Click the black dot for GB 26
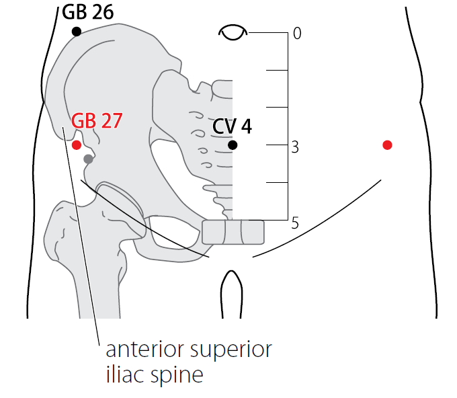pyautogui.click(x=77, y=32)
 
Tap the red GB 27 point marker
pyautogui.click(x=77, y=145)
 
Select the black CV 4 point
pyautogui.click(x=233, y=145)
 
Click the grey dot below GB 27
pyautogui.click(x=88, y=159)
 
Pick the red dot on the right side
pyautogui.click(x=387, y=145)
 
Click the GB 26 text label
pyautogui.click(x=87, y=12)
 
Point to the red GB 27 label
pyautogui.click(x=96, y=121)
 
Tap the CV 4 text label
pyautogui.click(x=232, y=126)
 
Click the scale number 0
pyautogui.click(x=297, y=33)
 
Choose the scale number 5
pyautogui.click(x=296, y=223)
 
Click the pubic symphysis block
pyautogui.click(x=233, y=231)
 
